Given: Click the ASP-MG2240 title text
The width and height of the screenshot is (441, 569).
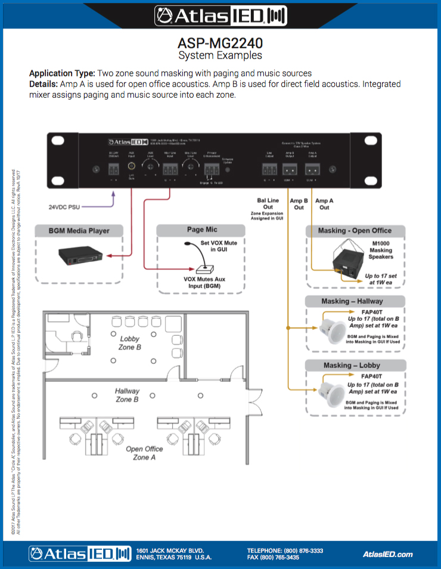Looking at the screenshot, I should click(x=220, y=44).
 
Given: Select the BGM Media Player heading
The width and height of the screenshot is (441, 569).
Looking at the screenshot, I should click(x=79, y=231).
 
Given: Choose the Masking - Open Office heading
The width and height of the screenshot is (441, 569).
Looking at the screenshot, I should click(x=356, y=231).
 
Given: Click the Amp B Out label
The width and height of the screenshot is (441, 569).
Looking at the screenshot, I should click(x=299, y=204).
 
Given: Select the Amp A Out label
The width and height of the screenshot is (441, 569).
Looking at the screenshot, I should click(x=325, y=204).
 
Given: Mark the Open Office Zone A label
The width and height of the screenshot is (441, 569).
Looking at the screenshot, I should click(x=144, y=453).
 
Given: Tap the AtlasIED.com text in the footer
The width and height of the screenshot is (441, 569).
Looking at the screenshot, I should click(x=387, y=554).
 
